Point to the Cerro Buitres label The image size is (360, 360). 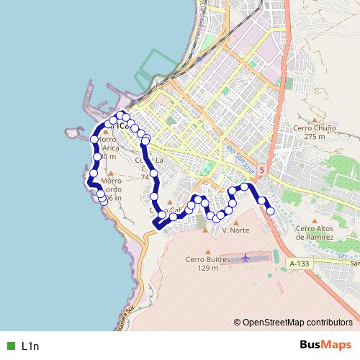pyautogui.click(x=207, y=259)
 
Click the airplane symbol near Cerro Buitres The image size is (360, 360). pyautogui.click(x=246, y=257)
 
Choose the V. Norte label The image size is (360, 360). pyautogui.click(x=235, y=231)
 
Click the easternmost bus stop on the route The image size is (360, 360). pyautogui.click(x=271, y=211)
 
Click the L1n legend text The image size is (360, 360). pyautogui.click(x=30, y=346)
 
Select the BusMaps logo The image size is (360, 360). pyautogui.click(x=326, y=345)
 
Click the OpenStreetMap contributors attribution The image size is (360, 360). pyautogui.click(x=297, y=323)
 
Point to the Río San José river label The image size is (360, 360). pyautogui.click(x=240, y=160)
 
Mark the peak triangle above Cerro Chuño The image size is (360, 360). pyautogui.click(x=315, y=120)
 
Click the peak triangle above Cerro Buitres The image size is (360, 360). pyautogui.click(x=207, y=250)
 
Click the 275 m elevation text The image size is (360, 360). pyautogui.click(x=315, y=136)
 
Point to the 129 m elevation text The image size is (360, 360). pyautogui.click(x=207, y=268)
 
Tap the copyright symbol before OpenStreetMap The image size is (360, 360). pyautogui.click(x=237, y=323)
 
